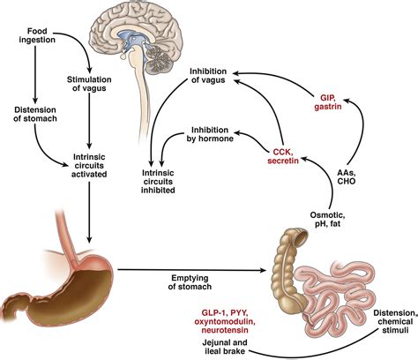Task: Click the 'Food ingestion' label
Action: [37, 35]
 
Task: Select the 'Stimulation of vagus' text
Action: [89, 84]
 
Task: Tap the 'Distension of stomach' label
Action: [35, 114]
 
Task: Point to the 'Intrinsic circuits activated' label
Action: [89, 166]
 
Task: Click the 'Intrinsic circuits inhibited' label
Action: [158, 182]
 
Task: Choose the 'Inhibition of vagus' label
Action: [208, 76]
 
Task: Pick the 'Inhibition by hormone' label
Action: [210, 134]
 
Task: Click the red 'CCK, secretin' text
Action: [283, 156]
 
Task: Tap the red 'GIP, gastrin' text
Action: [328, 101]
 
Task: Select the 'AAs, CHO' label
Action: [347, 176]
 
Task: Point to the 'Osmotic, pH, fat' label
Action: [325, 219]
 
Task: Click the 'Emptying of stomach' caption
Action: [190, 282]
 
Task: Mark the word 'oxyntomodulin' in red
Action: [225, 321]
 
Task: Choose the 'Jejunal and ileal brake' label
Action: [225, 347]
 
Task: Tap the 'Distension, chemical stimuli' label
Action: [395, 321]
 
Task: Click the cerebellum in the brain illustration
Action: [159, 57]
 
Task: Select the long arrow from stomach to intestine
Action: [191, 269]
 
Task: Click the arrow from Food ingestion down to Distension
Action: [35, 74]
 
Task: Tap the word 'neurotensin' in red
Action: [225, 330]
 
